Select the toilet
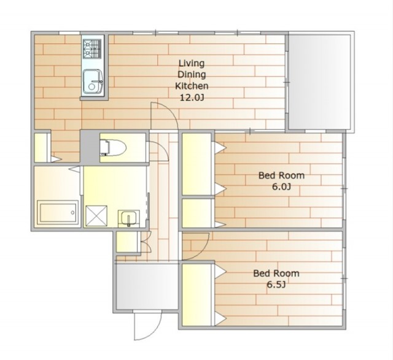[113, 148]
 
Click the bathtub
[58, 213]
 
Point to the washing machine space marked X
[96, 216]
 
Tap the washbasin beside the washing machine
[129, 218]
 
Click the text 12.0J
[192, 98]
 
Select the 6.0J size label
[281, 187]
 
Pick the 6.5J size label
[276, 285]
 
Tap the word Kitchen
[192, 86]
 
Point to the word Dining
[192, 75]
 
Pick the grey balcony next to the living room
[319, 82]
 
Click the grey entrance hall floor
[147, 287]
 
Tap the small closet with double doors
[127, 242]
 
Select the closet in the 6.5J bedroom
[196, 295]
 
